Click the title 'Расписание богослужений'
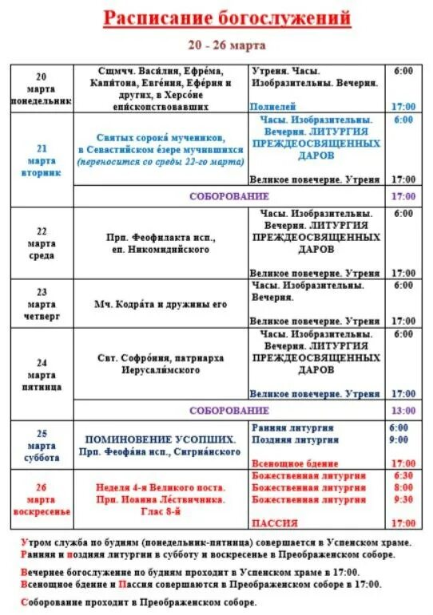click(216, 18)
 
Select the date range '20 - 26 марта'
click(216, 45)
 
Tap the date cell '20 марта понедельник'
click(42, 89)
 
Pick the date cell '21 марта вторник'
click(42, 160)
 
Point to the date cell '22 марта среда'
click(42, 243)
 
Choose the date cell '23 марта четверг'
click(42, 303)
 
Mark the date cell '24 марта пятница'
click(42, 375)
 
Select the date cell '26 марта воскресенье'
click(42, 499)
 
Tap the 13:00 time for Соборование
click(403, 411)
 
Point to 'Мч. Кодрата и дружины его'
click(161, 304)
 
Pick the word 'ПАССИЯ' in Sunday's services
click(275, 523)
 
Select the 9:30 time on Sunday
click(403, 499)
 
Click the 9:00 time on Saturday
click(399, 440)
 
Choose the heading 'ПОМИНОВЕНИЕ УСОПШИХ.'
click(161, 440)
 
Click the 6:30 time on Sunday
click(403, 475)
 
